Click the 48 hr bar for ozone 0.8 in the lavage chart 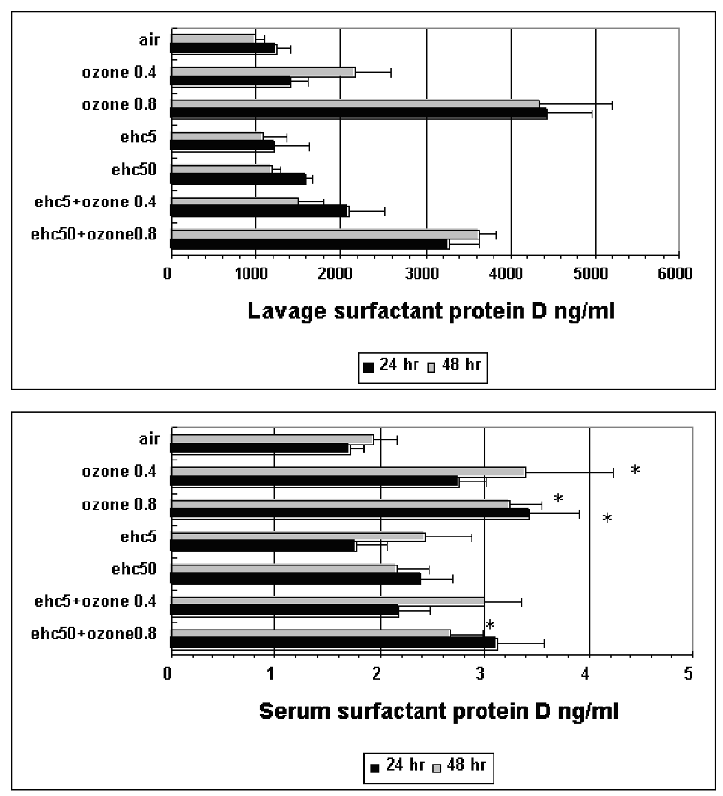[355, 104]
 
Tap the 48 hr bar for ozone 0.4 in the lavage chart [263, 72]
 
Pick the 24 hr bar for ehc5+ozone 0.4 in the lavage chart [259, 211]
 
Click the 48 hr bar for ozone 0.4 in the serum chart [348, 471]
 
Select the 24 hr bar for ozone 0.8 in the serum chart [350, 513]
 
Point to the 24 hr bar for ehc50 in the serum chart [296, 579]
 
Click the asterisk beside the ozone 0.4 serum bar [635, 471]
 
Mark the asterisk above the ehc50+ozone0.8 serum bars [490, 625]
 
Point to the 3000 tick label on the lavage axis [425, 273]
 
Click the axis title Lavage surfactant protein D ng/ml [431, 312]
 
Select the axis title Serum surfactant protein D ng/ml [438, 711]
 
